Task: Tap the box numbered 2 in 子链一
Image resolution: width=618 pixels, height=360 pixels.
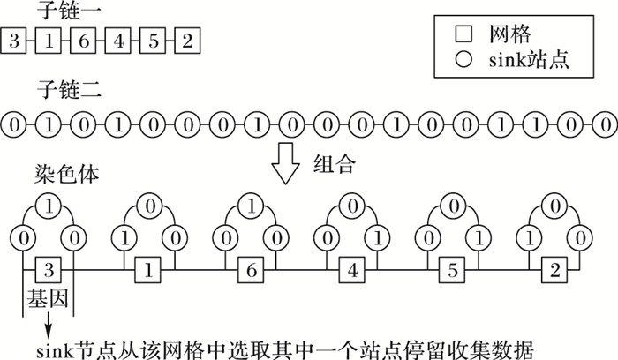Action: point(187,40)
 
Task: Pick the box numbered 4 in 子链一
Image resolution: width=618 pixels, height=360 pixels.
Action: point(118,40)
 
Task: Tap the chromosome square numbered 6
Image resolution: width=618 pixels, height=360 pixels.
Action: point(251,268)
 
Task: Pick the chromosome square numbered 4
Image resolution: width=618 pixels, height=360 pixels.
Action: point(352,268)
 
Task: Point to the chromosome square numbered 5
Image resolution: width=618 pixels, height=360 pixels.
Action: point(454,268)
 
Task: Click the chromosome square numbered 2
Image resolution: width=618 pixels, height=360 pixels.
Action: point(555,268)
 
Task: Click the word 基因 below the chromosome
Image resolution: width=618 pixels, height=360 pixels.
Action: point(42,300)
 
